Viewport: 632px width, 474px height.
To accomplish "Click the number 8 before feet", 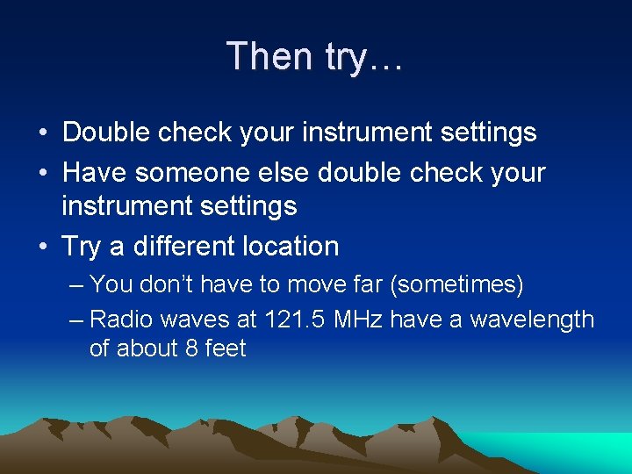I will pos(190,348).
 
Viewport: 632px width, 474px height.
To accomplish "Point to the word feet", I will pos(225,348).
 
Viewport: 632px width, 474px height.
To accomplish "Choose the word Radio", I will pos(118,319).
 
